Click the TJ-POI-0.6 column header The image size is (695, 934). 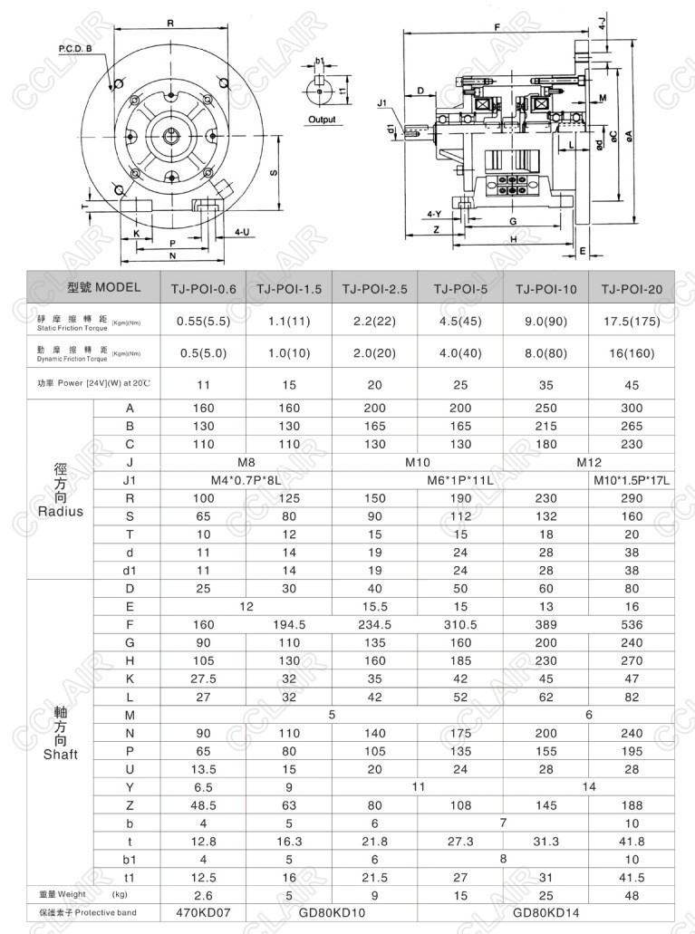(203, 289)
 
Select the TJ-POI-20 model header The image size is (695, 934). (632, 289)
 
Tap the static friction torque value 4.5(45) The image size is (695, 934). (460, 320)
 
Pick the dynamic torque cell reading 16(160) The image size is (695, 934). (632, 353)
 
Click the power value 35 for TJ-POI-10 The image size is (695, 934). (546, 384)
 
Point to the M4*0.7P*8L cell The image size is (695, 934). (246, 480)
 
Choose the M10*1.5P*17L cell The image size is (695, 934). (632, 480)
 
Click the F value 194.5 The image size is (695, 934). (289, 624)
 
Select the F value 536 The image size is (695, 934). (632, 624)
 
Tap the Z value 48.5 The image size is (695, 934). (203, 804)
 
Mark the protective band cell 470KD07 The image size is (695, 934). (203, 912)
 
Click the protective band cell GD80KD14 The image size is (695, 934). (546, 912)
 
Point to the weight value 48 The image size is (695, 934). (632, 895)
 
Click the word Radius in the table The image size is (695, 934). (61, 512)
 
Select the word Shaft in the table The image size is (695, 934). (61, 754)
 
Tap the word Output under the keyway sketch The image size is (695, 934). (321, 120)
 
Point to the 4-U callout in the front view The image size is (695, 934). (242, 233)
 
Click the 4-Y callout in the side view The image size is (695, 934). (434, 215)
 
